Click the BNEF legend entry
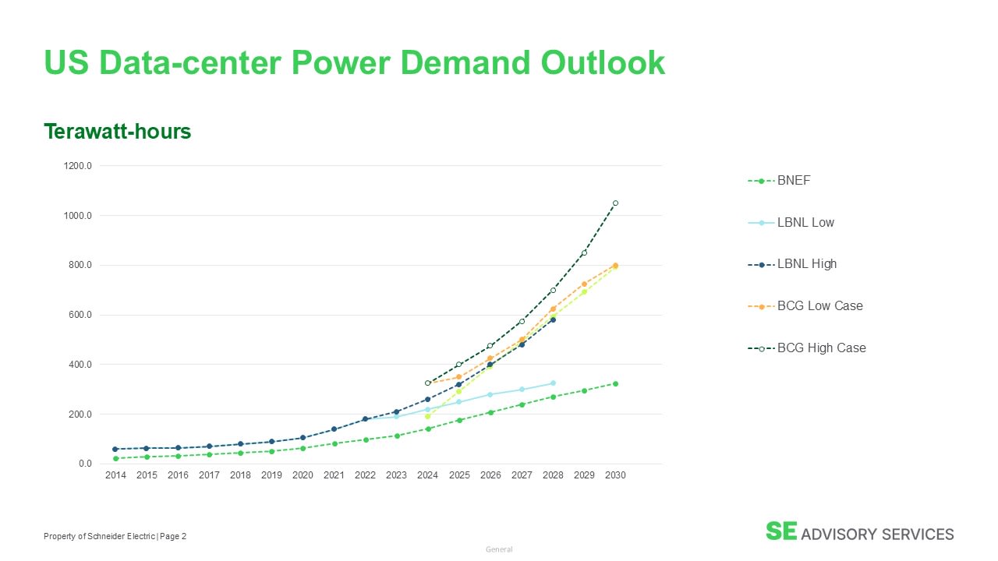click(779, 180)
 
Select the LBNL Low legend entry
click(791, 222)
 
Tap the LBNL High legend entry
click(792, 264)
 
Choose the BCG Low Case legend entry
click(805, 306)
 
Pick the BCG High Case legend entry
click(807, 348)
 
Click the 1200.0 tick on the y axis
click(77, 166)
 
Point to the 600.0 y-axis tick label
click(80, 315)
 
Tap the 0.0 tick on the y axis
click(85, 464)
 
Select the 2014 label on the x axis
click(115, 475)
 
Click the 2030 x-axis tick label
click(615, 475)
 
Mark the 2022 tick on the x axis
click(365, 475)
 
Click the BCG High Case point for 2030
click(615, 203)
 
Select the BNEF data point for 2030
click(615, 384)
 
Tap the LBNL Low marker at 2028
click(553, 383)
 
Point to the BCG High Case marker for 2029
click(584, 253)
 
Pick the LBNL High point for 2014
click(115, 450)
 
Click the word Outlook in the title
click(603, 62)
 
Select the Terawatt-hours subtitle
click(118, 132)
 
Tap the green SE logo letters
click(781, 531)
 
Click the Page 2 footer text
click(173, 536)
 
